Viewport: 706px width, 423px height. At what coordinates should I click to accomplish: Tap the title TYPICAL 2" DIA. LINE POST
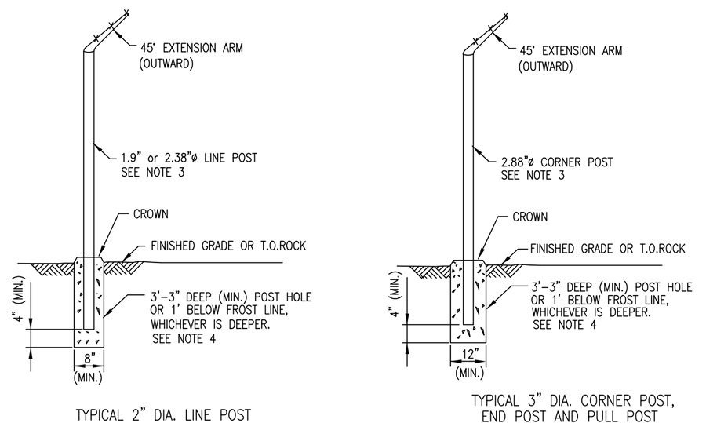click(162, 413)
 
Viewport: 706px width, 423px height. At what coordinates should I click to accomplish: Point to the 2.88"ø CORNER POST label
click(556, 162)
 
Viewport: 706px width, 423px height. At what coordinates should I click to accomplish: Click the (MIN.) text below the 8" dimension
click(87, 377)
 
